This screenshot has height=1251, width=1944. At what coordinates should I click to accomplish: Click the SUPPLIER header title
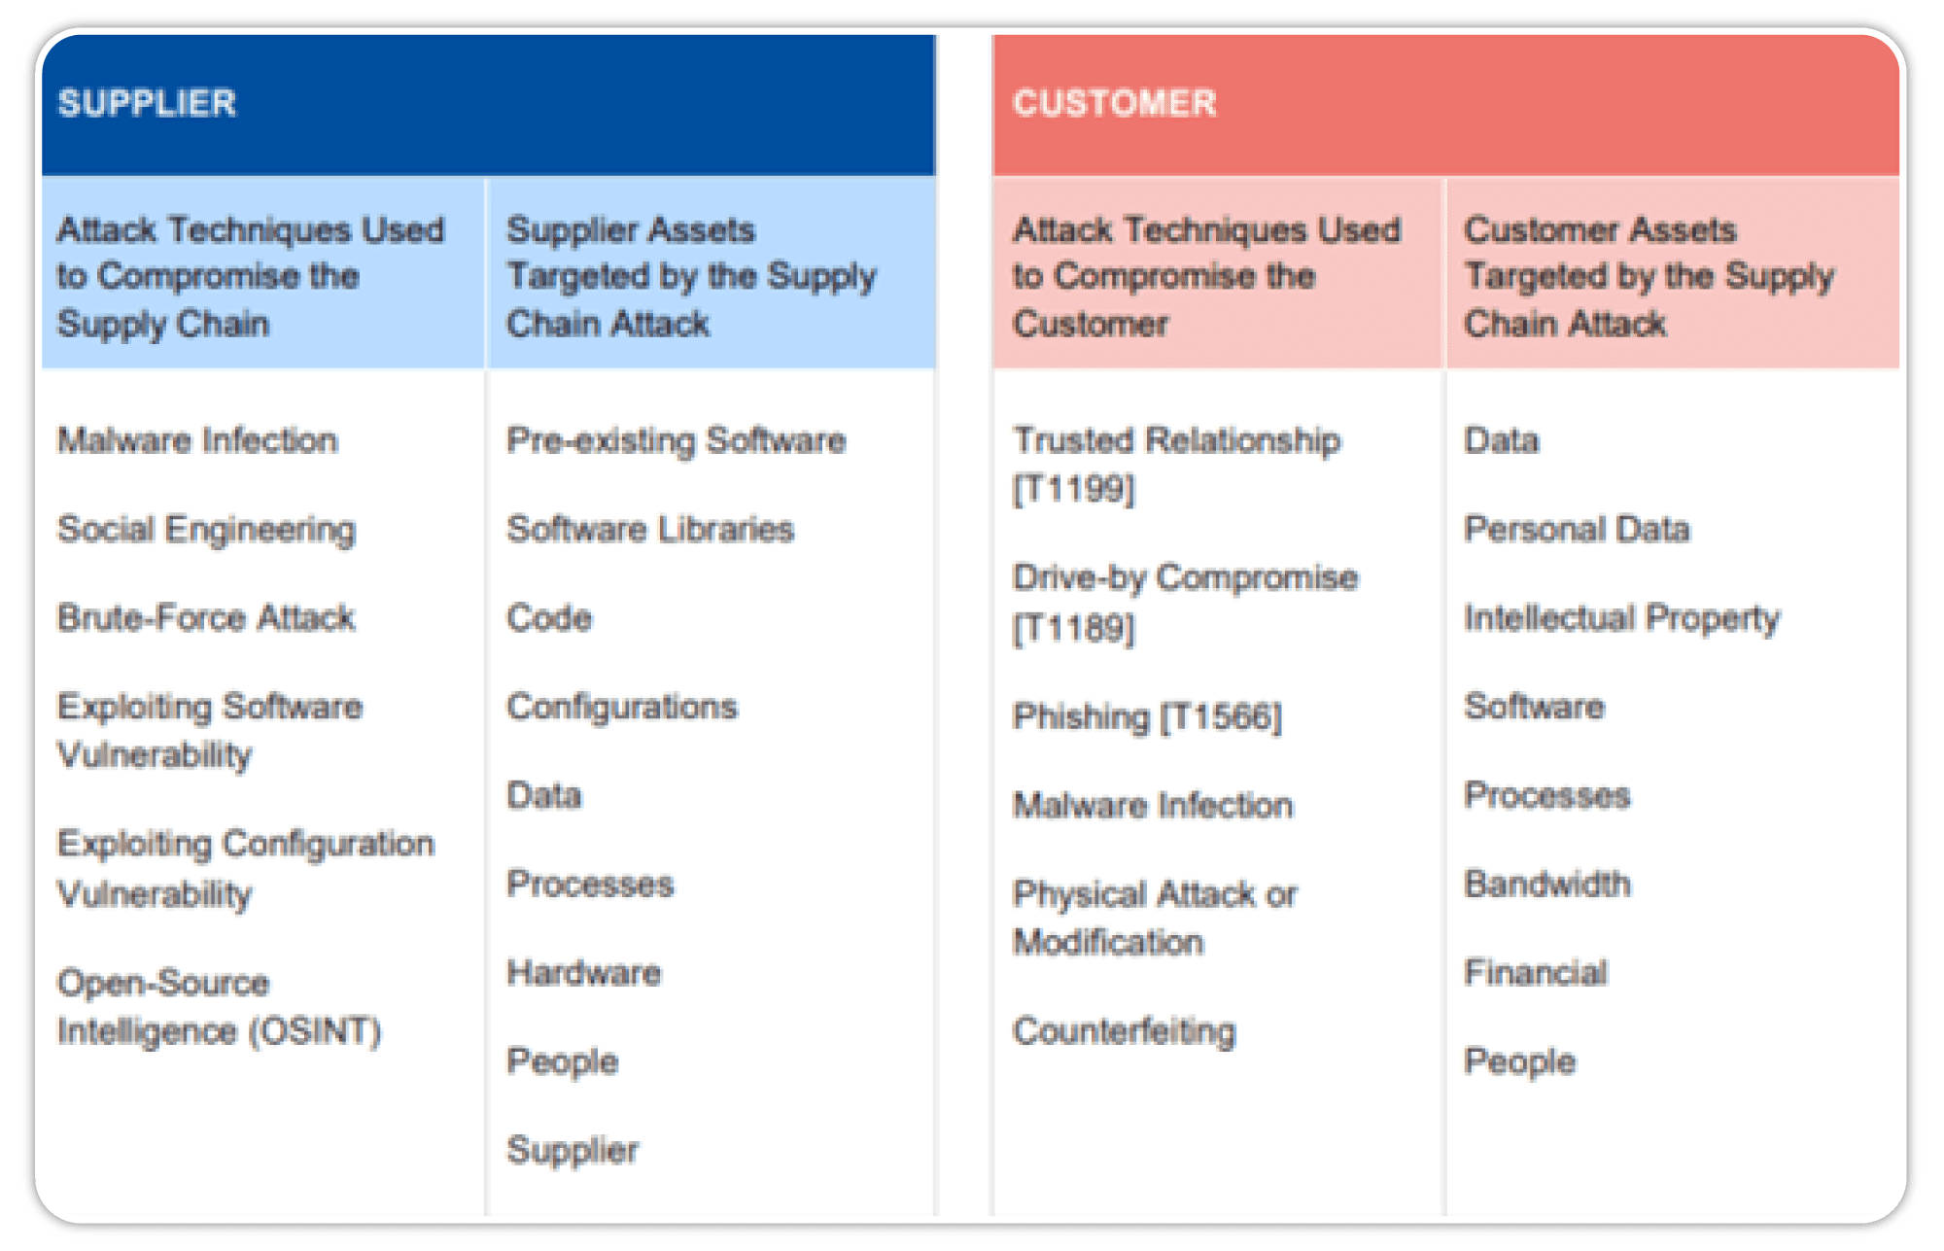[x=147, y=103]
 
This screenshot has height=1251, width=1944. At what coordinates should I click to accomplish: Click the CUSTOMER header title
[x=1114, y=103]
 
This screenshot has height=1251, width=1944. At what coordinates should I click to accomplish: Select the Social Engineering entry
[x=206, y=530]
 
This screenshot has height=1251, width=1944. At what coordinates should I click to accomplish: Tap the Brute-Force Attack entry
[x=206, y=618]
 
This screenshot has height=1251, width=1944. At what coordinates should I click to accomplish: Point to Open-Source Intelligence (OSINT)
[x=219, y=1007]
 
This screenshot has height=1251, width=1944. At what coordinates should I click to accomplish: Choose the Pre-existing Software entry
[x=676, y=441]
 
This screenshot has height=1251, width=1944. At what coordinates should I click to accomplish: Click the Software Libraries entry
[x=650, y=530]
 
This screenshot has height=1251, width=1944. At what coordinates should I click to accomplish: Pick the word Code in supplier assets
[x=549, y=618]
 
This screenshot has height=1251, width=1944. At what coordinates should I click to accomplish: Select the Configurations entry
[x=622, y=707]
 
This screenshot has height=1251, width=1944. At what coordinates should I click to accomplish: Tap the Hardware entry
[x=584, y=973]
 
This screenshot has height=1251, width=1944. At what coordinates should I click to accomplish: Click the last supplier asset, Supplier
[x=573, y=1151]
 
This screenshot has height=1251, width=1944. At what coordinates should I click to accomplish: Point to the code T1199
[x=1073, y=489]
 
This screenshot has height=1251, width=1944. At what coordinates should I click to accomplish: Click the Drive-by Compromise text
[x=1185, y=578]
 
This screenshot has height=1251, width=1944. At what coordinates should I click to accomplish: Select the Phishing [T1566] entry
[x=1147, y=717]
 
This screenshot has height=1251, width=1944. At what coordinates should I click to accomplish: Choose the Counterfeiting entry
[x=1124, y=1031]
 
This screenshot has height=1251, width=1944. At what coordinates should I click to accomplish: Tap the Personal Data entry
[x=1577, y=530]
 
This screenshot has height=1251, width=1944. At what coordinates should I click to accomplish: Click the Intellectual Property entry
[x=1621, y=618]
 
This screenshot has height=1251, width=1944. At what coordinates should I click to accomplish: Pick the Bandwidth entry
[x=1547, y=885]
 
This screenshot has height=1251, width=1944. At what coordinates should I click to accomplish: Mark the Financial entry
[x=1536, y=973]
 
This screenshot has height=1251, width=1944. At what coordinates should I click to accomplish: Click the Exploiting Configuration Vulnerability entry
[x=245, y=868]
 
